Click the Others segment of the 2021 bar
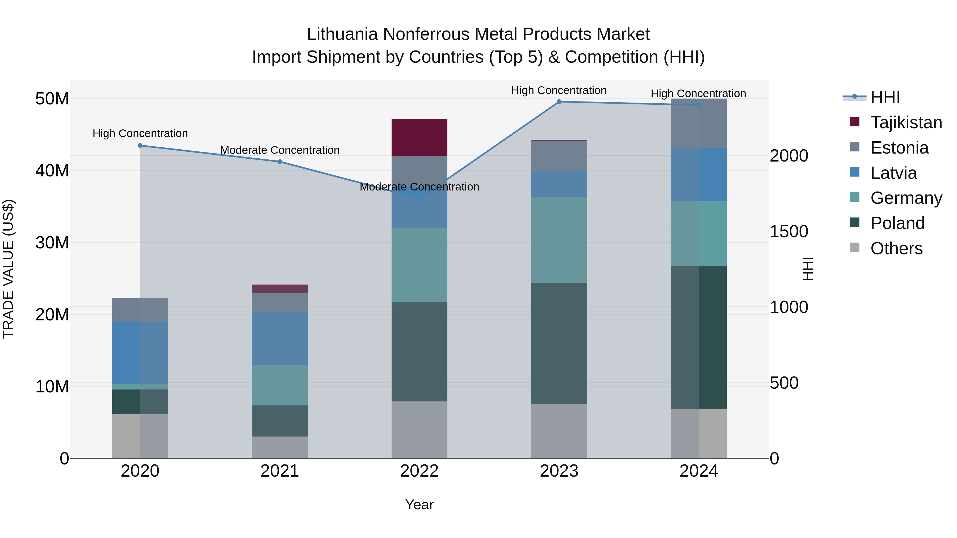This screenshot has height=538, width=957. tap(279, 447)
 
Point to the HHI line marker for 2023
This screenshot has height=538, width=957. tap(559, 102)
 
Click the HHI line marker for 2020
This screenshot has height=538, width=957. tap(140, 146)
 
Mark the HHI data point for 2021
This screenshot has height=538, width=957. tap(280, 162)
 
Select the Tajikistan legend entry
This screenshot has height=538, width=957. tap(906, 122)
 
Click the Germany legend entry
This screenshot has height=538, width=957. tap(906, 198)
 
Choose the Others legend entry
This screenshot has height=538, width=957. tap(896, 248)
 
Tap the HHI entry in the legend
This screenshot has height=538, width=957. tap(885, 97)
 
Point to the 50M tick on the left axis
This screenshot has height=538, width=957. tap(52, 99)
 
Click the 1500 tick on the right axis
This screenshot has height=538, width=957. tap(789, 231)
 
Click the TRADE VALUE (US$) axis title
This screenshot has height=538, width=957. tap(8, 269)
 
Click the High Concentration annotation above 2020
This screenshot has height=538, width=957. tap(140, 133)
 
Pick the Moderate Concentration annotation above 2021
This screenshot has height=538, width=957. tap(280, 150)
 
